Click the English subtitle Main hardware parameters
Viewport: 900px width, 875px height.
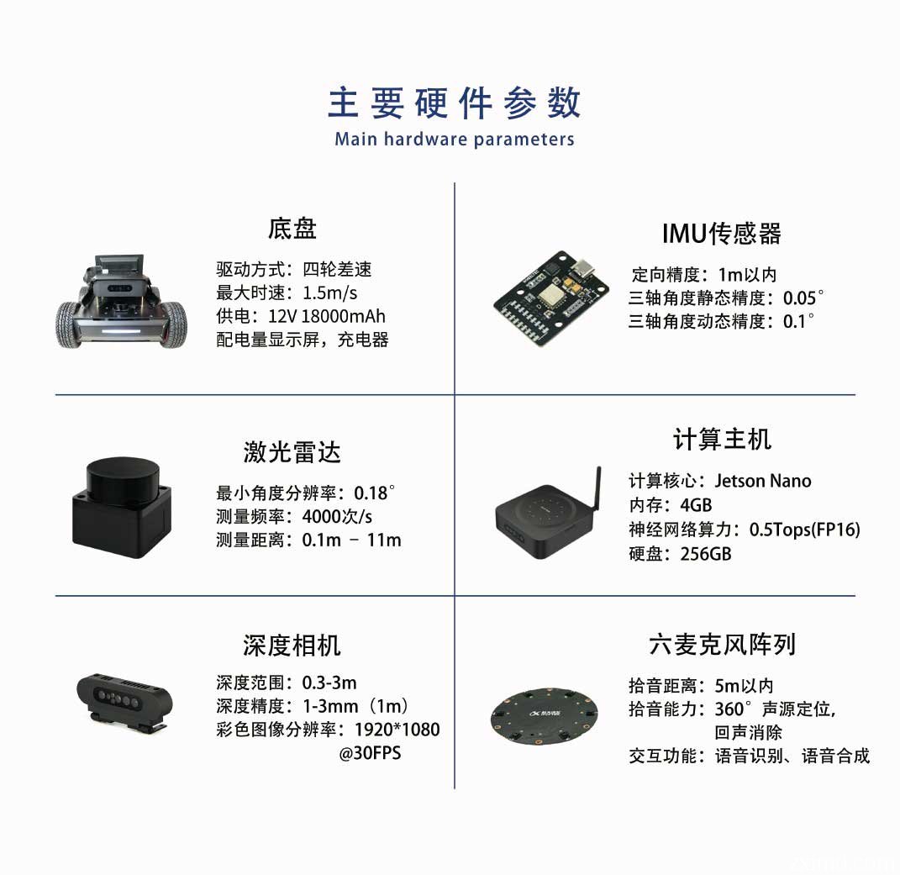point(454,140)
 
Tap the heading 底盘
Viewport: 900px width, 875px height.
point(292,229)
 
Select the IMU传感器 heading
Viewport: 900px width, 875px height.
point(721,234)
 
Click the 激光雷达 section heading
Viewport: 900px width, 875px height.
point(292,452)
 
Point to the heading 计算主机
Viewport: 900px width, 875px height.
point(721,439)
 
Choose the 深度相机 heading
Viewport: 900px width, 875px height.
point(292,645)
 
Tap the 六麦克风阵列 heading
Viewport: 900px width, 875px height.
point(721,645)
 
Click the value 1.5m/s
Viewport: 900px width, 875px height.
point(329,293)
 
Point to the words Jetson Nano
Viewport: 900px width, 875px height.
point(762,481)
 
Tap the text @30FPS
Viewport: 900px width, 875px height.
point(370,753)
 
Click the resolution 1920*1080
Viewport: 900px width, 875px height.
point(397,730)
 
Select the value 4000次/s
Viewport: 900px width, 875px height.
point(337,516)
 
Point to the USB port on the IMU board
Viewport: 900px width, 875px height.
point(582,271)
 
